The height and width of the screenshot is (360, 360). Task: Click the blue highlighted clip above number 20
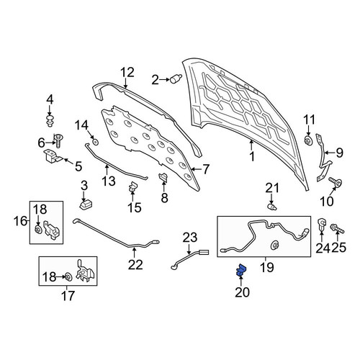coord(241,270)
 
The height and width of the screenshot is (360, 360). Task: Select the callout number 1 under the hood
coord(252,157)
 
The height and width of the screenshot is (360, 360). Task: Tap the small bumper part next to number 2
coord(176,78)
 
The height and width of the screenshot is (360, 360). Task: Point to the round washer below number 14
coord(96,142)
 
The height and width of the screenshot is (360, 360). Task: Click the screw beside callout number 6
coord(58,140)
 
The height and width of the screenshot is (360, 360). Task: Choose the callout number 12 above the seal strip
coord(127,73)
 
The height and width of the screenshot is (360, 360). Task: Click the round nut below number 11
coord(308,140)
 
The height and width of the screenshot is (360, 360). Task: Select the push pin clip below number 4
coord(50,121)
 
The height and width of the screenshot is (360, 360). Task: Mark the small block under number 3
coord(86,205)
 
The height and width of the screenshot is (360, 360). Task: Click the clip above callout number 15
coord(132,187)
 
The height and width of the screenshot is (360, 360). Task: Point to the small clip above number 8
coord(163,177)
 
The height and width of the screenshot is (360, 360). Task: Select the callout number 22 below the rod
coord(135,265)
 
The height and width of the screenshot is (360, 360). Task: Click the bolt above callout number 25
coord(337,228)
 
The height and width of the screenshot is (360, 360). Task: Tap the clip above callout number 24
coord(321,224)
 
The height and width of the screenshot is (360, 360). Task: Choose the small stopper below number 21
coord(272,207)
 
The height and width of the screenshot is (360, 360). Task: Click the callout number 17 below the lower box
coord(68,296)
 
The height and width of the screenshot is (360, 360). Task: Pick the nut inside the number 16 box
coord(37,230)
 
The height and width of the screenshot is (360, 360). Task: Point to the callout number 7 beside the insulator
coord(206,169)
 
